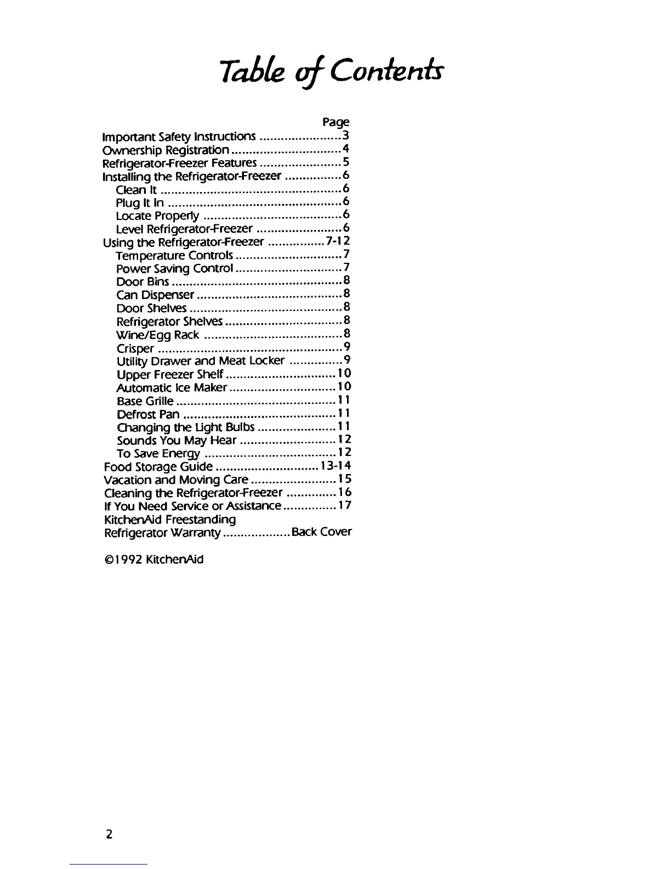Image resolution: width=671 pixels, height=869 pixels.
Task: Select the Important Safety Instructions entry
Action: (179, 136)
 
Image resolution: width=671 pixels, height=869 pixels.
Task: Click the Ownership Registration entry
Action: (166, 150)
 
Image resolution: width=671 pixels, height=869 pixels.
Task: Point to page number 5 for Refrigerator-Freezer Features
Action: (346, 162)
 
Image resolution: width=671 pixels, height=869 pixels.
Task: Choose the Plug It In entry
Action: (140, 202)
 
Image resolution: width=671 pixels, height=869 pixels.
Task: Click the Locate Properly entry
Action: (157, 216)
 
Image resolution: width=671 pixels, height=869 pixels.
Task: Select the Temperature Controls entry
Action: (175, 255)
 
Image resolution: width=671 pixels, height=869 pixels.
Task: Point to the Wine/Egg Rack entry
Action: (157, 335)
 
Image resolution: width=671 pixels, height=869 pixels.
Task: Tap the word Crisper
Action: (135, 348)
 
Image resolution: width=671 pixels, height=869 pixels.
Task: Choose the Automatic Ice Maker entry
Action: (172, 388)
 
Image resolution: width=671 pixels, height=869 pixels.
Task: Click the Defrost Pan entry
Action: (148, 414)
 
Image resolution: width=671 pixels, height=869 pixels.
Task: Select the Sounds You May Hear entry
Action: (177, 441)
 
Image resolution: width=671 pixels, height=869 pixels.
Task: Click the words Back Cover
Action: (322, 532)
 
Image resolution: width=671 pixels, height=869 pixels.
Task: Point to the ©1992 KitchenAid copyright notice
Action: (153, 560)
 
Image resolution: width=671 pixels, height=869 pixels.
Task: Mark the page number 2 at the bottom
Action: (109, 834)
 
